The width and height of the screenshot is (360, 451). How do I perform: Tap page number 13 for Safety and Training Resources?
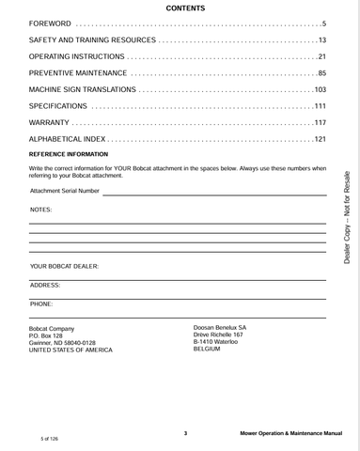coord(321,40)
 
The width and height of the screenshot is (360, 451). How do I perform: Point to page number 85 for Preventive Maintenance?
coord(321,73)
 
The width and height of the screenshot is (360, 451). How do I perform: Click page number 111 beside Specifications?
coord(320,106)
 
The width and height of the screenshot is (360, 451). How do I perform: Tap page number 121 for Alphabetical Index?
coord(320,139)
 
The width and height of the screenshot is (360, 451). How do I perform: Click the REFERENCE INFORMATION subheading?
coord(69,154)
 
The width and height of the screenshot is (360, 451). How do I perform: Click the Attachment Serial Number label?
coord(65,191)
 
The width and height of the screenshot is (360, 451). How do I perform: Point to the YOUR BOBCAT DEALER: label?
coord(64,266)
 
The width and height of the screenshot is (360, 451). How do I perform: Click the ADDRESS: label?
coord(45,284)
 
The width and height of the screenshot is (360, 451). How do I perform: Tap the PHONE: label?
coord(41,303)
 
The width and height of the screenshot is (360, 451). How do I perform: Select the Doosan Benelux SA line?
coord(219,327)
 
